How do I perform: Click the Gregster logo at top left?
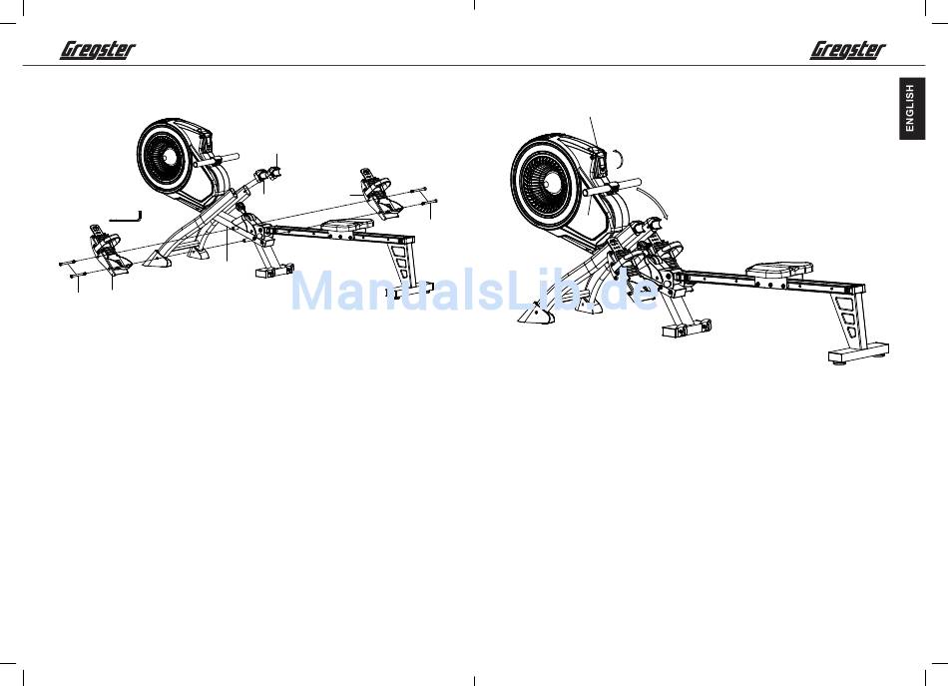(x=98, y=49)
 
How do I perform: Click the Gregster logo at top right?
(x=847, y=49)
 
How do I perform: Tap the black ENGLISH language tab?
(x=910, y=108)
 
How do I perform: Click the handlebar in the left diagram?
(x=226, y=156)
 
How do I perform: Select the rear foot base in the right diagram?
(x=858, y=351)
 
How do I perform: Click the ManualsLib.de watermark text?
(x=474, y=291)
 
